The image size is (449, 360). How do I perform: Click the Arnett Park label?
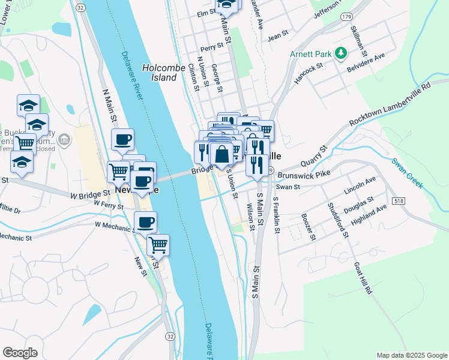(311, 54)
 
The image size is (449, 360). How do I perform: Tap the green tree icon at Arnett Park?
(342, 54)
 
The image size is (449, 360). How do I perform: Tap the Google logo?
(20, 353)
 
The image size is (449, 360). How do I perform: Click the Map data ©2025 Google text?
(411, 355)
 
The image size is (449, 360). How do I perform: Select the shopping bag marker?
(221, 154)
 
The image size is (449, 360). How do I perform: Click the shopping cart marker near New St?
(158, 244)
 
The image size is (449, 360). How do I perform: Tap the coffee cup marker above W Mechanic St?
(145, 223)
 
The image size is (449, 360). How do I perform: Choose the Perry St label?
(212, 46)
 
